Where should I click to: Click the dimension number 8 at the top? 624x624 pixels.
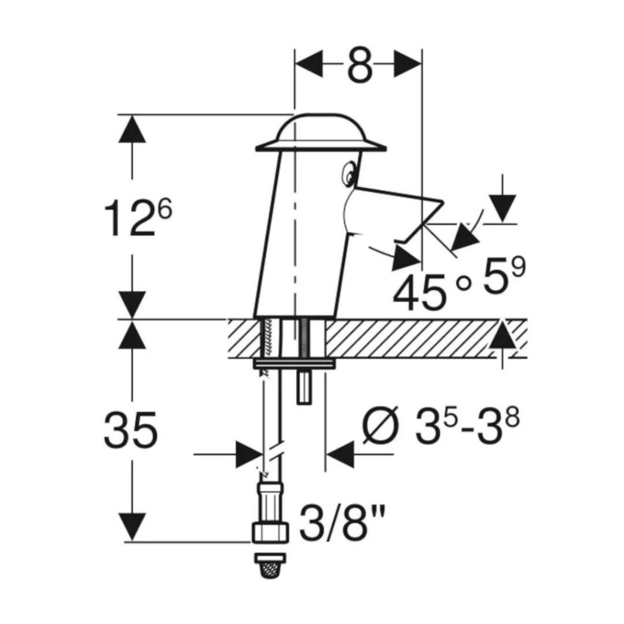360,65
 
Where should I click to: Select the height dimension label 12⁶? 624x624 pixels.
138,218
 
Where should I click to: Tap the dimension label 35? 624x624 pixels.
130,430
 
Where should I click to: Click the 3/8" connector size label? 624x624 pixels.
342,522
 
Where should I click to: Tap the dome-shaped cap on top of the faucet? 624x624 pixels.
321,133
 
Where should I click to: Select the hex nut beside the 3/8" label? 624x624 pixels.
270,533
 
